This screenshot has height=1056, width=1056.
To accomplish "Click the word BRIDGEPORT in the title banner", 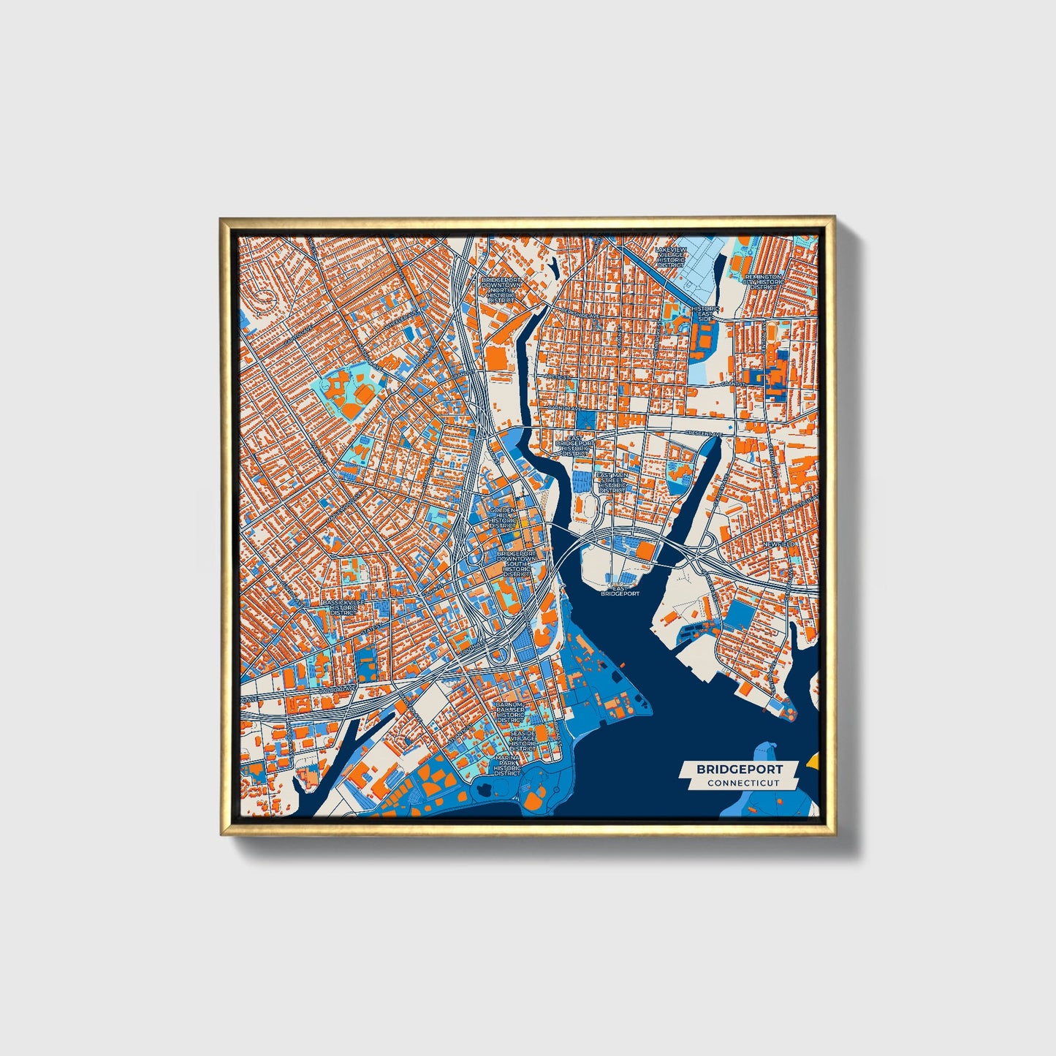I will (x=739, y=769).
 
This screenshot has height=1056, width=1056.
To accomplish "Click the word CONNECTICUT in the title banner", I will (x=742, y=783).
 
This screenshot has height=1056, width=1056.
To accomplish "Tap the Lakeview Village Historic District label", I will (x=670, y=256).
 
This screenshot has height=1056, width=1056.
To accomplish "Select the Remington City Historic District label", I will (x=764, y=282).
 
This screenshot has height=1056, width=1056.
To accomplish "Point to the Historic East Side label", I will (x=705, y=314).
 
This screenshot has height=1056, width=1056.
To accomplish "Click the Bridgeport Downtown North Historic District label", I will (x=501, y=289).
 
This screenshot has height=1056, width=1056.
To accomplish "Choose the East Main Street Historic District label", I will (x=612, y=482).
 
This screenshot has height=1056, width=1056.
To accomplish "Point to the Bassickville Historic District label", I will (x=343, y=607).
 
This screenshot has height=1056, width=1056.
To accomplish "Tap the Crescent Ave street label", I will (x=702, y=433).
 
